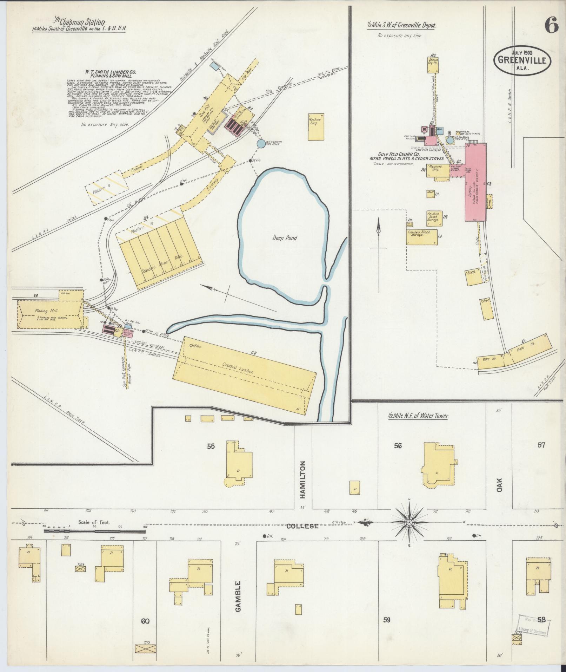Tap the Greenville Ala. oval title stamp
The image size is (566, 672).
click(x=522, y=60)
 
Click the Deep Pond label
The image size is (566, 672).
click(x=285, y=238)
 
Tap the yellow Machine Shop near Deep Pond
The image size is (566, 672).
click(x=315, y=127)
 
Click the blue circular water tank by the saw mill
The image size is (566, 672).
click(x=261, y=143)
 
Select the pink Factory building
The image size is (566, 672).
click(x=475, y=183)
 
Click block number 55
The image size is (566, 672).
click(x=211, y=446)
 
